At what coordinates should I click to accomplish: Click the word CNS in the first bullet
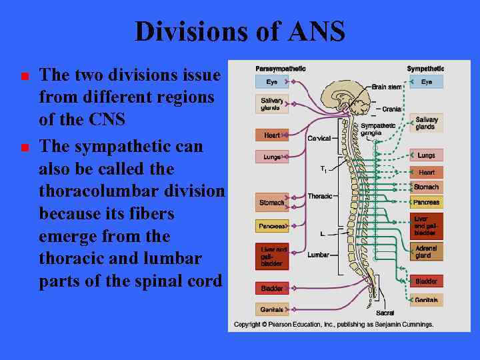107,120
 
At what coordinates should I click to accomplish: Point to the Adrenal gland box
426,251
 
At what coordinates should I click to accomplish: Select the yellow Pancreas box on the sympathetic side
426,202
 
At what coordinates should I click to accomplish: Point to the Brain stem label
387,87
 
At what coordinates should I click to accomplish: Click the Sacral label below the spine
385,313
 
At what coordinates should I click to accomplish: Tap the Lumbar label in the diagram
319,255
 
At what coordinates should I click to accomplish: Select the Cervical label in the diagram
319,138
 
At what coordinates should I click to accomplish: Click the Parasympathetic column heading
281,69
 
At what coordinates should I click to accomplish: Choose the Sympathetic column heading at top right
425,69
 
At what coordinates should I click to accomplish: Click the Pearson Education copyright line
333,325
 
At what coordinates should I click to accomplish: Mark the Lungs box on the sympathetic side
426,155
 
